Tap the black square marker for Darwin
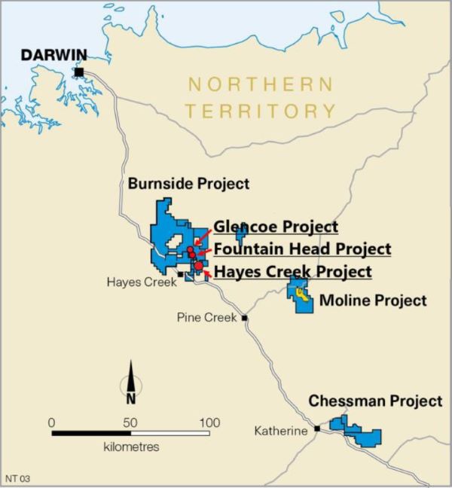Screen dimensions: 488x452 click(x=79, y=72)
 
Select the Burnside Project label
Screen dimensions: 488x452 click(x=188, y=184)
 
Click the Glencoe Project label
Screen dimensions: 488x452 click(x=276, y=227)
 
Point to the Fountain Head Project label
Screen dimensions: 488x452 click(x=302, y=249)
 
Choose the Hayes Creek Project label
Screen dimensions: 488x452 click(x=293, y=272)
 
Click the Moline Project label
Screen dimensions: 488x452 click(x=373, y=301)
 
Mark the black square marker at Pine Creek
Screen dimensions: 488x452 click(x=245, y=318)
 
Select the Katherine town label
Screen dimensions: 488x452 click(x=280, y=431)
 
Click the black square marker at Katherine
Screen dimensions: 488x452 click(x=317, y=429)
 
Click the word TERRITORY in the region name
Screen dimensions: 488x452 click(x=261, y=111)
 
